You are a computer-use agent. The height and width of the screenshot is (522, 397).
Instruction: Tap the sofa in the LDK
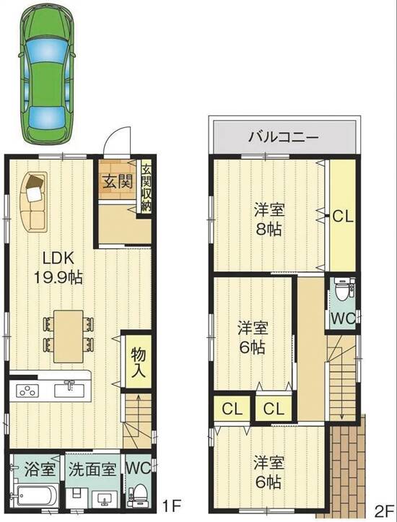pyautogui.click(x=33, y=202)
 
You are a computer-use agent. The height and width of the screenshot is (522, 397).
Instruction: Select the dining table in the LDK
pyautogui.click(x=69, y=336)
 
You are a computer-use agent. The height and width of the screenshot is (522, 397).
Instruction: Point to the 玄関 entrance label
pyautogui.click(x=118, y=182)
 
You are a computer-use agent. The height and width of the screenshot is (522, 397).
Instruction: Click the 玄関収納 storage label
pyautogui.click(x=146, y=188)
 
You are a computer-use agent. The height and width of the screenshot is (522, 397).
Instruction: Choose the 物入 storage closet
pyautogui.click(x=139, y=362)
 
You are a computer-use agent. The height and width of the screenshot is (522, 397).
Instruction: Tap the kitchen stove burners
pyautogui.click(x=27, y=391)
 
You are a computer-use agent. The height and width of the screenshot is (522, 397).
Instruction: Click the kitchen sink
pyautogui.click(x=69, y=389)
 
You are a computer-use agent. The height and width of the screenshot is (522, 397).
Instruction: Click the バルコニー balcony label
pyautogui.click(x=284, y=137)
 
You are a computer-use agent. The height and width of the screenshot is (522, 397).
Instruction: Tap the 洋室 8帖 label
pyautogui.click(x=269, y=219)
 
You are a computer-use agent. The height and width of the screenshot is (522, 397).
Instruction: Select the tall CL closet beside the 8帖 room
pyautogui.click(x=343, y=215)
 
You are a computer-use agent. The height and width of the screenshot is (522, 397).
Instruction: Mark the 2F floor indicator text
pyautogui.click(x=383, y=511)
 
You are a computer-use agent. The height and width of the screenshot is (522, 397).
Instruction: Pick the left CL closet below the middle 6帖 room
pyautogui.click(x=232, y=408)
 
